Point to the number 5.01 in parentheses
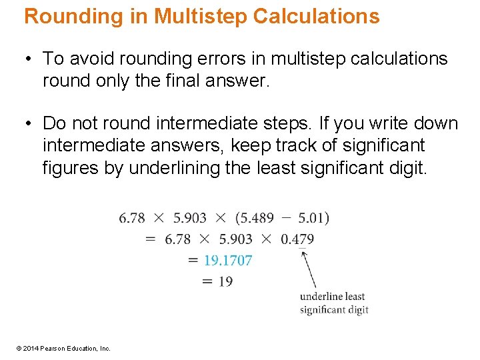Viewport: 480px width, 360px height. [313, 218]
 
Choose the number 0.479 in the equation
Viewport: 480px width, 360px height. [297, 239]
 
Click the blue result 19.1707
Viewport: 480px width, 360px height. [228, 260]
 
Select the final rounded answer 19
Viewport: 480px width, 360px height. [225, 281]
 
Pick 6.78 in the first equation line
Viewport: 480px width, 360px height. [132, 218]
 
